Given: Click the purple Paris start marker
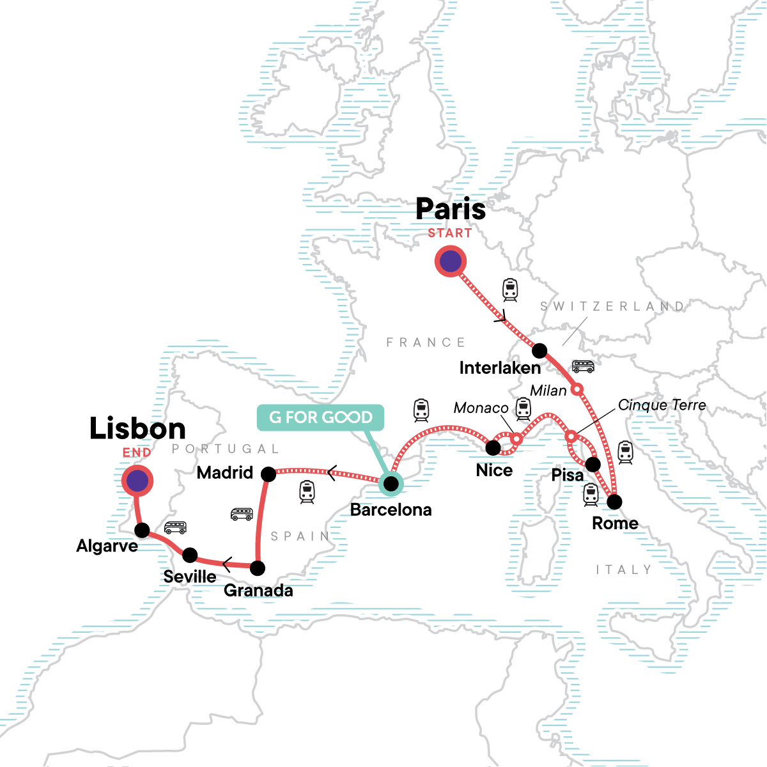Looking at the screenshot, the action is pyautogui.click(x=451, y=261).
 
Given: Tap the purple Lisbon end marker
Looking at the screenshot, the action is pyautogui.click(x=137, y=481).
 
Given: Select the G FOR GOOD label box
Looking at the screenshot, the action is pyautogui.click(x=320, y=417).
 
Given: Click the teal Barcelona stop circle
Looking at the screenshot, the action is pyautogui.click(x=391, y=484).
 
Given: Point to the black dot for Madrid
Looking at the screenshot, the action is pyautogui.click(x=268, y=474).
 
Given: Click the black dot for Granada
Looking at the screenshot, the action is pyautogui.click(x=257, y=568).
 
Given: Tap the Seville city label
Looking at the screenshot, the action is pyautogui.click(x=190, y=577).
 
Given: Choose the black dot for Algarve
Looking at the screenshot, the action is pyautogui.click(x=142, y=530).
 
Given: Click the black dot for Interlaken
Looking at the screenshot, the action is pyautogui.click(x=539, y=350).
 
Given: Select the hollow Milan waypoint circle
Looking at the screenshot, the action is pyautogui.click(x=577, y=389).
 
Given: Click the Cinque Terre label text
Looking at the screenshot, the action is pyautogui.click(x=662, y=405).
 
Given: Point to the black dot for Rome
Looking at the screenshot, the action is pyautogui.click(x=614, y=502).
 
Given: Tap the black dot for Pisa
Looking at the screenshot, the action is pyautogui.click(x=593, y=464).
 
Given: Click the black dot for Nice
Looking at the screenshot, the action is pyautogui.click(x=493, y=448).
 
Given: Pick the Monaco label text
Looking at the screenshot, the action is pyautogui.click(x=481, y=408).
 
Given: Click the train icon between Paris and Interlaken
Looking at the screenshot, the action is pyautogui.click(x=509, y=290).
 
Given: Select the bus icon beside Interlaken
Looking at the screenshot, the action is pyautogui.click(x=583, y=366).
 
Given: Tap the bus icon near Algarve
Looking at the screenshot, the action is pyautogui.click(x=175, y=527).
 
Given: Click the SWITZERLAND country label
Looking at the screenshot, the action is pyautogui.click(x=612, y=306).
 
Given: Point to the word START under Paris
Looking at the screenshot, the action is pyautogui.click(x=450, y=233).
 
